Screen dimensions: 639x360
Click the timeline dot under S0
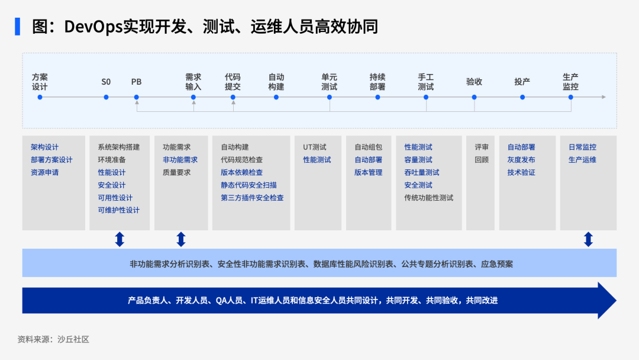(106, 97)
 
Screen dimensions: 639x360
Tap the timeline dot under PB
(137, 97)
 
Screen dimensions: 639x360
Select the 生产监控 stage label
(570, 82)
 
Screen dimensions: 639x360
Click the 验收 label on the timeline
(474, 82)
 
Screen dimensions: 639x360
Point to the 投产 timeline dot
(522, 97)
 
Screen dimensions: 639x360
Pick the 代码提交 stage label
(233, 82)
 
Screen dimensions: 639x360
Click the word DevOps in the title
(93, 27)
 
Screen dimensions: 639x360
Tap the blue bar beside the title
(18, 27)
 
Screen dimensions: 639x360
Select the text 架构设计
(44, 147)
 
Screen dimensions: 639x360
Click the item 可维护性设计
(118, 210)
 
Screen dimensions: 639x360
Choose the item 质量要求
(176, 172)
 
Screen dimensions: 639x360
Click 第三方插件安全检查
(252, 197)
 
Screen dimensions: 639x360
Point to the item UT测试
(315, 147)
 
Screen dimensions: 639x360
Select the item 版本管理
(369, 172)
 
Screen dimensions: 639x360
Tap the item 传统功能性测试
(429, 197)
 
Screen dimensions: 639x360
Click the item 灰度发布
(521, 159)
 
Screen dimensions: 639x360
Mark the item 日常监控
(582, 147)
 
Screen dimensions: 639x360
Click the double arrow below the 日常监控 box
(588, 239)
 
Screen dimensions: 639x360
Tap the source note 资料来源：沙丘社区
(53, 339)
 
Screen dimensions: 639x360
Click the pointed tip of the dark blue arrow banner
(616, 300)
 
